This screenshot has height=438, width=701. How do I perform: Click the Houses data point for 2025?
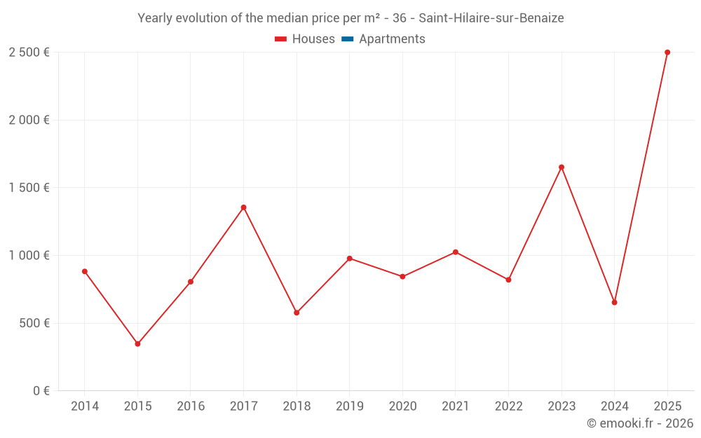tap(667, 53)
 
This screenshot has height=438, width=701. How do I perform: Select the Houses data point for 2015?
tap(137, 344)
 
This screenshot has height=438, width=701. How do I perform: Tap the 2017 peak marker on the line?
tap(244, 207)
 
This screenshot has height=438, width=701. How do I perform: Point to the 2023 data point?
tap(562, 167)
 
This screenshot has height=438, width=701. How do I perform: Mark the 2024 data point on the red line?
tap(614, 303)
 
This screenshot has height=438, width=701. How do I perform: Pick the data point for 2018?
tap(297, 313)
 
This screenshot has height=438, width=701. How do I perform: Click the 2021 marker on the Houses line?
tap(456, 252)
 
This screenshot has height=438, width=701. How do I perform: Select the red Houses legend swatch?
tap(280, 39)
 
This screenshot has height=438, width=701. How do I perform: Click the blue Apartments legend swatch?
tap(347, 39)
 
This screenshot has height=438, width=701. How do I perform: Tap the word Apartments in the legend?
tap(392, 39)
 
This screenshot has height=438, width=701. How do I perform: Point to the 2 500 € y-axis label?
tap(29, 53)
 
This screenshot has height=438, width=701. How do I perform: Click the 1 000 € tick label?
tap(29, 256)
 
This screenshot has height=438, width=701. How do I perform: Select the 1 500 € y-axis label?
tap(29, 188)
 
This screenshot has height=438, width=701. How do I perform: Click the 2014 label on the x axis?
tap(85, 406)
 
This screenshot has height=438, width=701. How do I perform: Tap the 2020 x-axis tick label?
tap(402, 406)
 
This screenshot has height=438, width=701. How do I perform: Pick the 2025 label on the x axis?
tap(667, 406)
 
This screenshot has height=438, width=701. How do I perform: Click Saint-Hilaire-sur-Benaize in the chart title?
tap(491, 18)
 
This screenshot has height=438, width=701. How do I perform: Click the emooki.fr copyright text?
tap(640, 423)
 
